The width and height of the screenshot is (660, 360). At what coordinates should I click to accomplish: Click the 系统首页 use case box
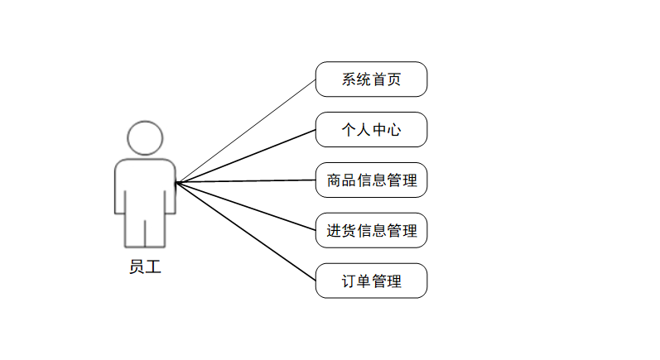coord(371,79)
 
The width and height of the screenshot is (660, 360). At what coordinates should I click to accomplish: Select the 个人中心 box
coord(371,130)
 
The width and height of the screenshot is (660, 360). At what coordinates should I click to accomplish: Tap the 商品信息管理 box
coord(371,180)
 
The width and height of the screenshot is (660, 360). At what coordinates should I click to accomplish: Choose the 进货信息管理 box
coord(371,230)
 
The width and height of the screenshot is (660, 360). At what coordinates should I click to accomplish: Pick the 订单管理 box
coord(371,281)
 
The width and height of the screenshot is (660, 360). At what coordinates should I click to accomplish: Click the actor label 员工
coord(145,267)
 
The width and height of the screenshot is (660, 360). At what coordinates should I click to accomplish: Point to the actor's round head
coord(145,138)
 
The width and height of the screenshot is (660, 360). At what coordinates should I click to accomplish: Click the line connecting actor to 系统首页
coord(246,132)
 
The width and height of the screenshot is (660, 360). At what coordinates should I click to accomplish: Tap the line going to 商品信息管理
coord(246,181)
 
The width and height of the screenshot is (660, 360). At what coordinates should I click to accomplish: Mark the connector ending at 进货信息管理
coord(246,206)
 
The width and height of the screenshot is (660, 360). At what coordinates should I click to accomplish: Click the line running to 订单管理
coord(246,231)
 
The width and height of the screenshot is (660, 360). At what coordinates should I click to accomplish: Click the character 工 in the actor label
coord(153,267)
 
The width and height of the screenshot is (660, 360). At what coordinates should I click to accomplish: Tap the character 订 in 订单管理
coord(349,281)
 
